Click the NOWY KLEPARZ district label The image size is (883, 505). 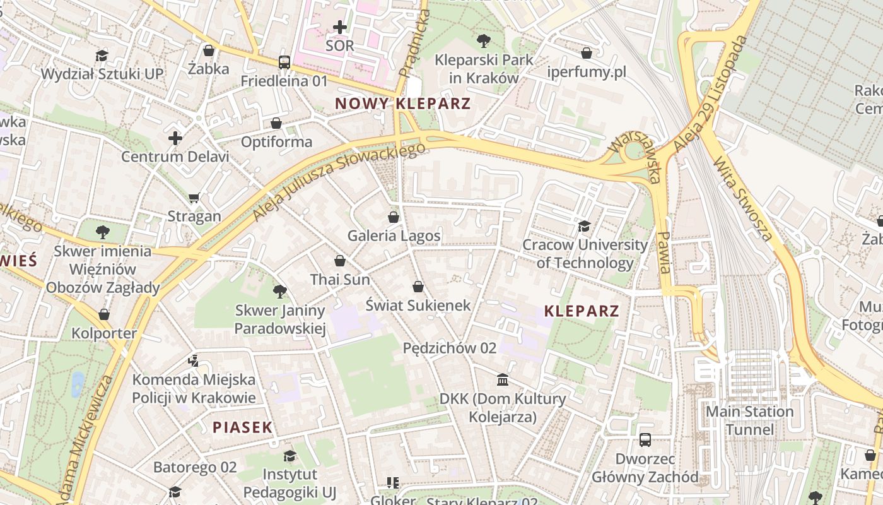click(x=403, y=104)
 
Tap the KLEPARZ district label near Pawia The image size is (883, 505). click(x=582, y=311)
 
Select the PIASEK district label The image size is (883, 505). click(x=243, y=427)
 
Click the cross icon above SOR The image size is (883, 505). click(x=340, y=27)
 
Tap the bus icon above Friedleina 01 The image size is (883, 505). click(x=284, y=62)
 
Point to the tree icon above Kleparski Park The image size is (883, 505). click(x=484, y=42)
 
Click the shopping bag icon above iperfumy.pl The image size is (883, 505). click(x=587, y=53)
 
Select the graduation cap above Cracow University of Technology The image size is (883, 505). click(x=585, y=226)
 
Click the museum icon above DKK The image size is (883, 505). click(x=503, y=380)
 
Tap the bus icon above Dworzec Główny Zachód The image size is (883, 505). click(x=645, y=440)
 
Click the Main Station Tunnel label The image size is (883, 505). click(x=749, y=420)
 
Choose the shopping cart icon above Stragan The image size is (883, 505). click(x=194, y=198)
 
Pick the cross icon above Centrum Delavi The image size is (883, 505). click(x=175, y=138)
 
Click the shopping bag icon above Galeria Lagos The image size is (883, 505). click(x=394, y=217)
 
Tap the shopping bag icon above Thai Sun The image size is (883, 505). click(x=340, y=261)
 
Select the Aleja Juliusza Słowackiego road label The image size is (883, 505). click(x=339, y=181)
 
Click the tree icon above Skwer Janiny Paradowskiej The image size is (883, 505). click(x=280, y=291)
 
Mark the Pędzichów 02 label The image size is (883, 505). click(x=450, y=348)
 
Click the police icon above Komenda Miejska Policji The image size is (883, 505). click(x=194, y=361)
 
